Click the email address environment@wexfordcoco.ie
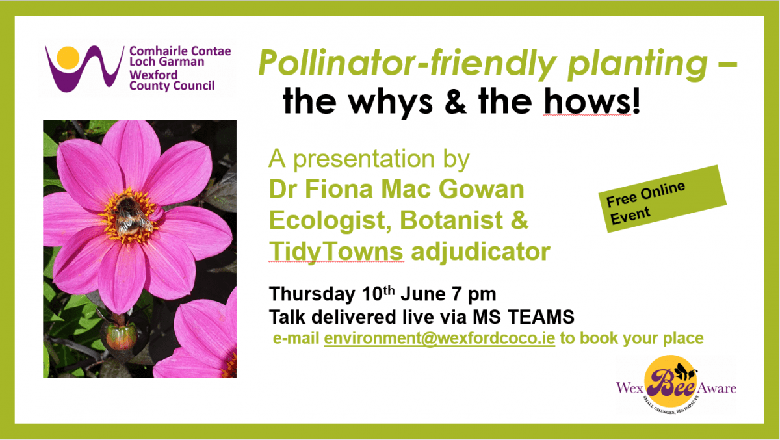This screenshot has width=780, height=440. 439,338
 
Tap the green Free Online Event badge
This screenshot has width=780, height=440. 662,199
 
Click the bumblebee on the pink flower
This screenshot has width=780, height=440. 131,215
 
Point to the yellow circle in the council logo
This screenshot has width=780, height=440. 68,57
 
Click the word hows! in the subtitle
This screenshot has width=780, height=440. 592,101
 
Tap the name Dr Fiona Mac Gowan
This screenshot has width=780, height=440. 396,189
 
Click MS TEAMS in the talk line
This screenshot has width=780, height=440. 523,317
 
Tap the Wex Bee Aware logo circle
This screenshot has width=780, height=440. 670,381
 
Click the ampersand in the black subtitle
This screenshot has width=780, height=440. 456,101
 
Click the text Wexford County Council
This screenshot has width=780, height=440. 172,81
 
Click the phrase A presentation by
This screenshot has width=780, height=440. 369,159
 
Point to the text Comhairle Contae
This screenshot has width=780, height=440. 180,51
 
